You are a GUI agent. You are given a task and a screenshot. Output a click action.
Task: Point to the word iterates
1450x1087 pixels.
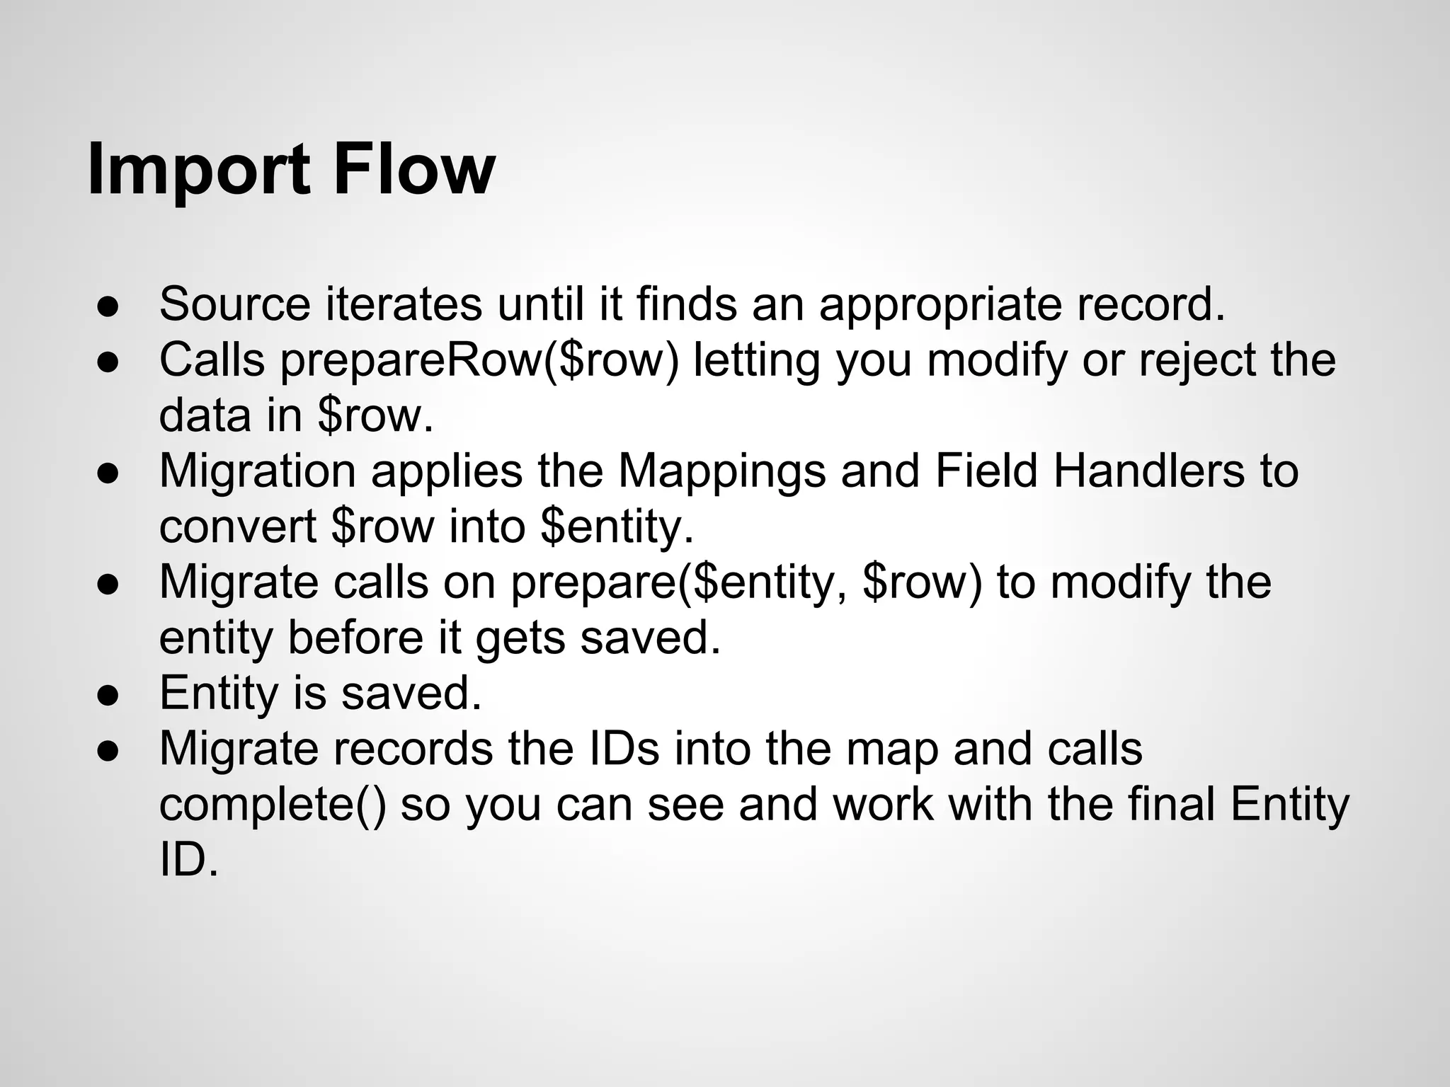(x=404, y=304)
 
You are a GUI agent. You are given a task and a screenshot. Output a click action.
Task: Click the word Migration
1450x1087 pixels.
(x=258, y=471)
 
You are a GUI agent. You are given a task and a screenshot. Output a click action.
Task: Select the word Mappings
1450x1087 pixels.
(x=722, y=471)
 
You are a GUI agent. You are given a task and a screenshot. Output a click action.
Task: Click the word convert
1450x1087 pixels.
(x=238, y=527)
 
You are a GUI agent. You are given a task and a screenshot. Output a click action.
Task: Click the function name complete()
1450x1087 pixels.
(x=273, y=805)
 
